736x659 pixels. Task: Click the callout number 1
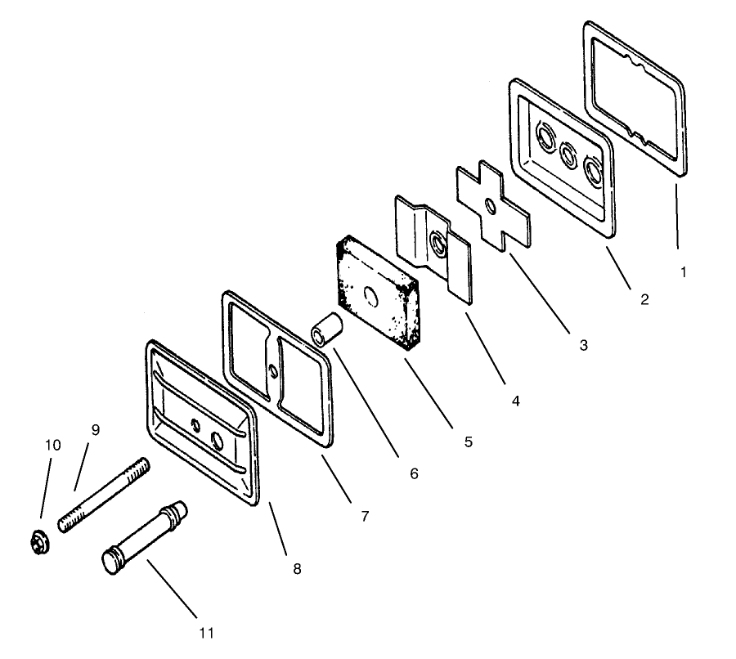click(684, 272)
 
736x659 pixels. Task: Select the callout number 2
click(644, 299)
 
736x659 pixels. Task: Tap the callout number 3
click(583, 346)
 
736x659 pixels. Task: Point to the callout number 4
click(516, 401)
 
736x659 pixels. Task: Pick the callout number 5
click(468, 442)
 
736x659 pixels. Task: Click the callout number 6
click(414, 474)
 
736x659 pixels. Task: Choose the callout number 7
click(365, 516)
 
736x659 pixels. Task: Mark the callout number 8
click(297, 569)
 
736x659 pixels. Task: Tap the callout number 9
click(96, 430)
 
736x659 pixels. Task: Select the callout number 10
click(52, 446)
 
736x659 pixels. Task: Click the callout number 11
click(207, 633)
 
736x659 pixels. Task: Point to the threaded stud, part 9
click(104, 495)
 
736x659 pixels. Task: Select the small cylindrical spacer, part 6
click(326, 330)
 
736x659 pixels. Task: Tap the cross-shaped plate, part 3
click(493, 205)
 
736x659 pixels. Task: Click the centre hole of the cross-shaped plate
click(491, 206)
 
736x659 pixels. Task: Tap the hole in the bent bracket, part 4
click(438, 244)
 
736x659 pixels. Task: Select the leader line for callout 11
click(173, 588)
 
